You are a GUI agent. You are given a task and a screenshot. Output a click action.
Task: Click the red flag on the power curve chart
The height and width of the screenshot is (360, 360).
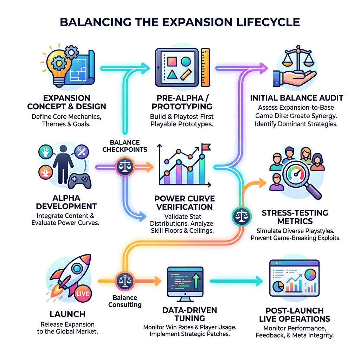point(205,146)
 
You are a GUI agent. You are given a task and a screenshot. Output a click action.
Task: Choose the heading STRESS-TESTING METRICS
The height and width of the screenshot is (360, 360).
point(295,217)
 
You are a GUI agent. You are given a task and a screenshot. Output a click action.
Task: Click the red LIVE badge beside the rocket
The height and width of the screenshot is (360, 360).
point(83,293)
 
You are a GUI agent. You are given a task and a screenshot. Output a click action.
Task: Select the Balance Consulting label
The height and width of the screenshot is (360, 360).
point(125,301)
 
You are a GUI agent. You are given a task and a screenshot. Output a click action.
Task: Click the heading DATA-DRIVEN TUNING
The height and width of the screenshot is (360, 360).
point(189,314)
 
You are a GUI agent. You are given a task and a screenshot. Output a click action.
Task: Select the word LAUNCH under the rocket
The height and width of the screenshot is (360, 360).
point(62,314)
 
